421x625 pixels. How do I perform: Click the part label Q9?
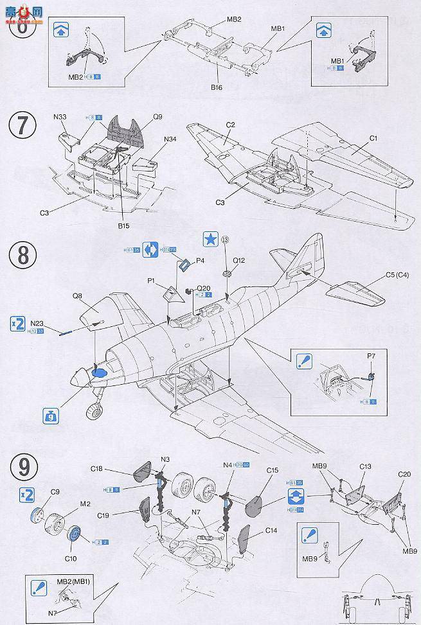[157, 117]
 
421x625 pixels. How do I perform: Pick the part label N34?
[170, 139]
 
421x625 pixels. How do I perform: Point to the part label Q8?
[78, 297]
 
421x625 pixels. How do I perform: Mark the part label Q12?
[238, 261]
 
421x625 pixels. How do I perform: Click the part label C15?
[271, 471]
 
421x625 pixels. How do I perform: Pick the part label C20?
[404, 474]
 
